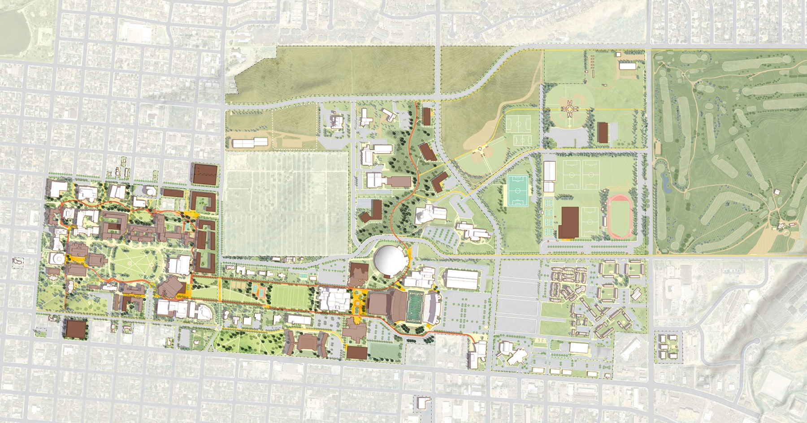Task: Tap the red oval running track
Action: tap(621, 217)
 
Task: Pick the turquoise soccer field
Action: tap(519, 190)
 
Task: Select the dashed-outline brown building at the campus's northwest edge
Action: tap(206, 173)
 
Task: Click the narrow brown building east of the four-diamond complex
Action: tap(603, 132)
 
